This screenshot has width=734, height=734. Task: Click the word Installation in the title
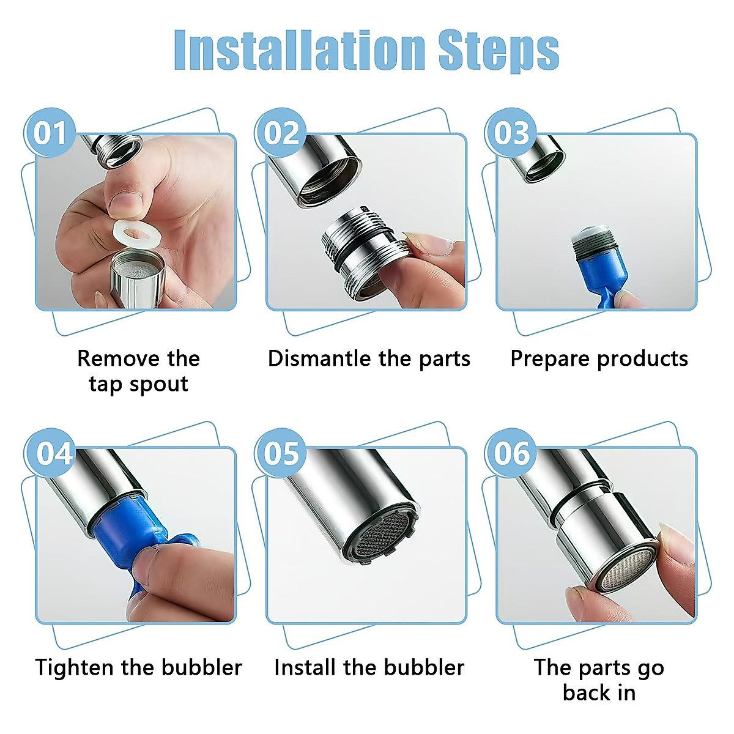[x=300, y=50]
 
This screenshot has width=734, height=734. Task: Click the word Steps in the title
[x=499, y=50]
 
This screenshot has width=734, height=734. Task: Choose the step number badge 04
[x=54, y=454]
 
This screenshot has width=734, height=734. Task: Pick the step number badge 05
[x=281, y=454]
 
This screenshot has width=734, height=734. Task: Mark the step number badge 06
[x=511, y=454]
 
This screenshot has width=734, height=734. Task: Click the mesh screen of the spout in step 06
[x=624, y=566]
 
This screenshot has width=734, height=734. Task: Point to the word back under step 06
[x=586, y=693]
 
